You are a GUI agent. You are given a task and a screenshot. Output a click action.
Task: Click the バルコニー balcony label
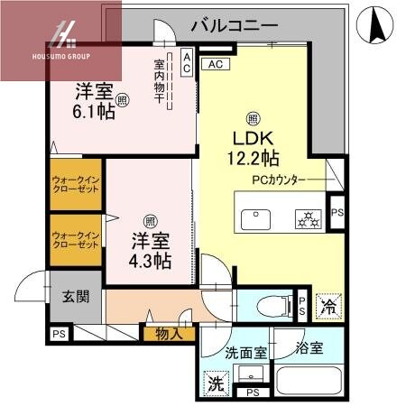tap(234, 24)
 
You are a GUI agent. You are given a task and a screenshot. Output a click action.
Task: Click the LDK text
tap(254, 142)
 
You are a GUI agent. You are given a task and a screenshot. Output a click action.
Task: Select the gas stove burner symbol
tap(307, 218)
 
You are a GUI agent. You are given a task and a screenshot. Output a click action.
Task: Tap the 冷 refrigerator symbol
tap(329, 306)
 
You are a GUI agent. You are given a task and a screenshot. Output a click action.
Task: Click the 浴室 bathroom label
tap(307, 346)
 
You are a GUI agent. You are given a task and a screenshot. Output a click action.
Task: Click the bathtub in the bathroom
tap(307, 379)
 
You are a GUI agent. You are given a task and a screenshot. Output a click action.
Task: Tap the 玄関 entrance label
tap(74, 296)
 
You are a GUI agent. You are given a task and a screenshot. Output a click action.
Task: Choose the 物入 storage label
tap(169, 334)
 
